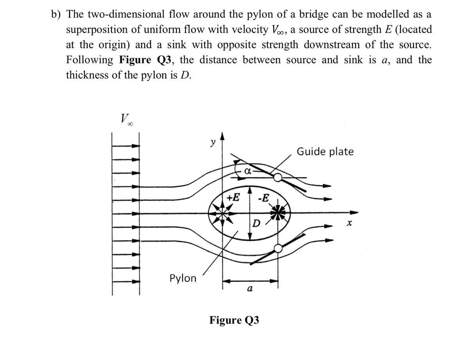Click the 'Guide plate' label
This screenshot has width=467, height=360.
325,151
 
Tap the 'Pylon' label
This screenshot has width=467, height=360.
183,278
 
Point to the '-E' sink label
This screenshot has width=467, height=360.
264,197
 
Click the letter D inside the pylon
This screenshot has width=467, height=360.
256,224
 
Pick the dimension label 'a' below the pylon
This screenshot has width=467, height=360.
250,289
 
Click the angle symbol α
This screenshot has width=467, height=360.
247,171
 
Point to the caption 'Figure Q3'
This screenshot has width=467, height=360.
234,321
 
